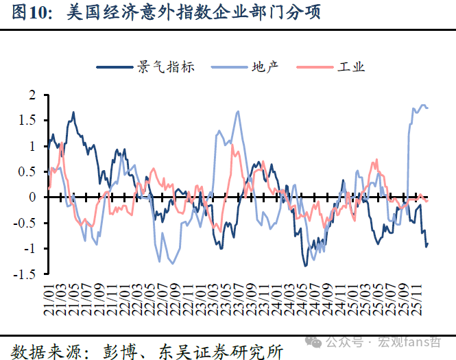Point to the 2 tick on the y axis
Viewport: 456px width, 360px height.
[x=32, y=95]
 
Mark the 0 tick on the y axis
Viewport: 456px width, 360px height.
[x=32, y=197]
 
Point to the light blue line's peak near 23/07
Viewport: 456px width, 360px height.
[x=238, y=111]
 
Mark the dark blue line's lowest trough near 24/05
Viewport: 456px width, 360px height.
[x=305, y=265]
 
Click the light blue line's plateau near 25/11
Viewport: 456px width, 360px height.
[x=423, y=106]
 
